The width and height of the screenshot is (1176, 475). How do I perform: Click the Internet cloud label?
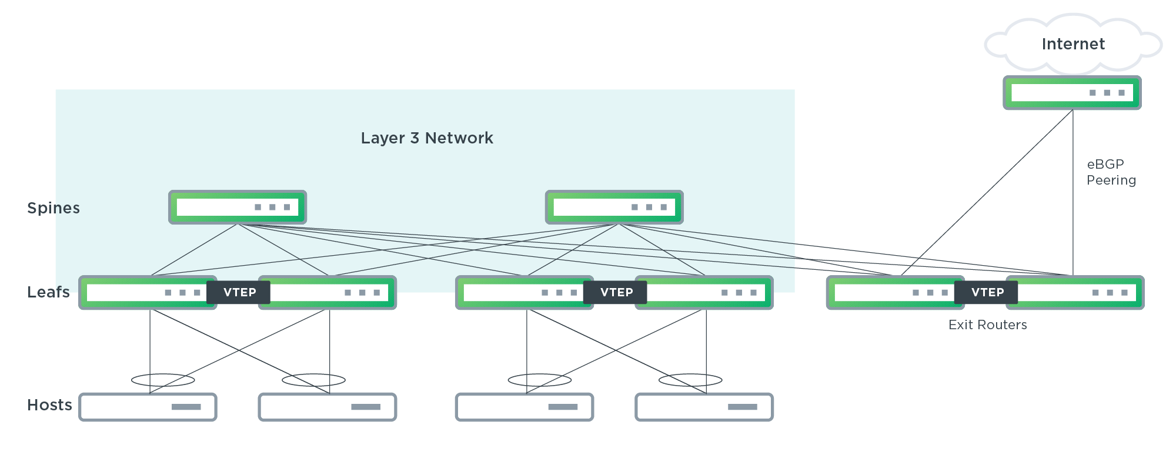tap(1073, 44)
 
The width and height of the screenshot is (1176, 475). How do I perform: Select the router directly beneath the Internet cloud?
tap(1072, 93)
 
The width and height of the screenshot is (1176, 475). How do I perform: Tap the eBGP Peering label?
tap(1111, 172)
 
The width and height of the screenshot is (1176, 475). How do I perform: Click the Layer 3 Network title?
tap(427, 138)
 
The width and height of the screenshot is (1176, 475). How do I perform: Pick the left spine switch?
tap(238, 207)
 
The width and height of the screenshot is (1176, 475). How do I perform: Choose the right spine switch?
tap(614, 207)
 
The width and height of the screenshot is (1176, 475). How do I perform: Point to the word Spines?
tap(54, 208)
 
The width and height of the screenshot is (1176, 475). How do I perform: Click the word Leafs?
tap(48, 292)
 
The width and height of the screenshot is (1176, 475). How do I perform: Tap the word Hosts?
tap(49, 405)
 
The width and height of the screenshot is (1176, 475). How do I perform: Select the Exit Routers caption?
tap(987, 325)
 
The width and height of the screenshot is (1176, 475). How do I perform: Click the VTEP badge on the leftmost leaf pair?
tap(239, 293)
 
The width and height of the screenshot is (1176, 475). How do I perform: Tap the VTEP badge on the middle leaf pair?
tap(616, 293)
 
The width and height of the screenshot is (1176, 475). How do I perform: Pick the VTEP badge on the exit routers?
tap(987, 293)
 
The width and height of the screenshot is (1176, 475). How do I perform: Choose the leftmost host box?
tap(148, 407)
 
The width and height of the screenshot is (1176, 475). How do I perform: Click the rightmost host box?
tap(704, 407)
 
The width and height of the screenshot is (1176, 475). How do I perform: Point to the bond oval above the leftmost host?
tap(163, 380)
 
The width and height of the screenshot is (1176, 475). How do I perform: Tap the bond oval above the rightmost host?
tap(690, 380)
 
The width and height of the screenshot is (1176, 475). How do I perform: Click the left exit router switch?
tap(891, 293)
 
